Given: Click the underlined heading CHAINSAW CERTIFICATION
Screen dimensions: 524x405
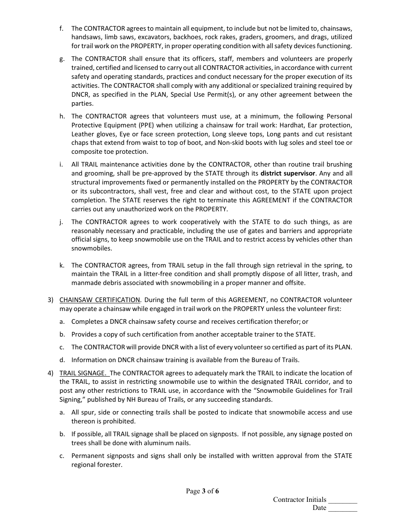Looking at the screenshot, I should click(x=100, y=300).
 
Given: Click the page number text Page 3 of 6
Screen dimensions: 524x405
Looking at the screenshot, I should click(x=202, y=491).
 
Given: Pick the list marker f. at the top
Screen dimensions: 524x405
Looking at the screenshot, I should click(x=61, y=29).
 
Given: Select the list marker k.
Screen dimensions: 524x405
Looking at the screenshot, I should click(x=62, y=265).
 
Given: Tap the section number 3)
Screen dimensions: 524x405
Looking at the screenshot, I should click(x=50, y=300).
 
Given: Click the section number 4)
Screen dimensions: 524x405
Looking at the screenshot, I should click(x=50, y=373).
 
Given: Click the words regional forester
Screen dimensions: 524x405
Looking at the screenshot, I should click(x=97, y=465).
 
